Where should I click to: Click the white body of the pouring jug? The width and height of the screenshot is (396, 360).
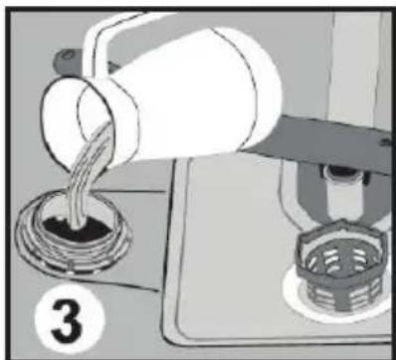(x=179, y=99)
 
